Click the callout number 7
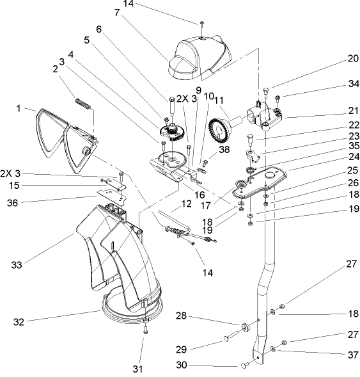coord(116,12)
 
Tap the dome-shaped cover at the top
coord(198,54)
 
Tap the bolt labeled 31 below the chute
coord(146,330)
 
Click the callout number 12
coord(187,204)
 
